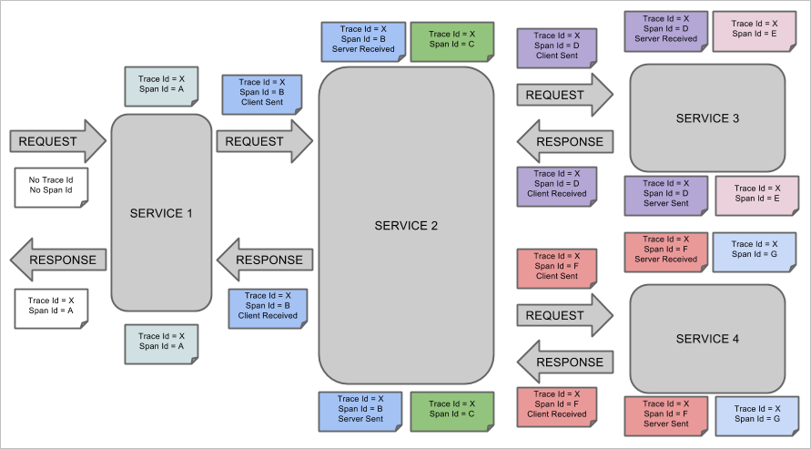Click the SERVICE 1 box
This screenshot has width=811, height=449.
[x=161, y=213]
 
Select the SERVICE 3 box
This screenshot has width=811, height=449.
[x=707, y=117]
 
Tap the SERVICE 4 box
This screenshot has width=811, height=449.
[x=707, y=338]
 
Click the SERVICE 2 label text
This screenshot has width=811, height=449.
[x=406, y=225]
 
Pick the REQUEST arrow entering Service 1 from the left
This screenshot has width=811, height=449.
[x=57, y=141]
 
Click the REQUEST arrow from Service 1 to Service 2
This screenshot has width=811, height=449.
[x=264, y=141]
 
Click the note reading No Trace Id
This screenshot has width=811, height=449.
[x=51, y=186]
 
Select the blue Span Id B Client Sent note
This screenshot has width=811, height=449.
[x=262, y=93]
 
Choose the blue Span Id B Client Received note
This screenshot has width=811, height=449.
[x=268, y=306]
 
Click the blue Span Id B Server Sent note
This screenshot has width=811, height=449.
[x=360, y=410]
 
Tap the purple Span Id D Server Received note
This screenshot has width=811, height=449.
[x=665, y=29]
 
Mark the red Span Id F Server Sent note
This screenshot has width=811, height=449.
[x=665, y=414]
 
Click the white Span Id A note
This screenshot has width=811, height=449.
[x=51, y=306]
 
